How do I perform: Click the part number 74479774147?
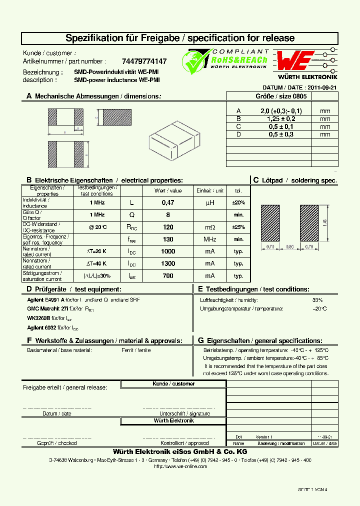(144, 61)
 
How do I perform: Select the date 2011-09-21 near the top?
(322, 87)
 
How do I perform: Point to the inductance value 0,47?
(168, 202)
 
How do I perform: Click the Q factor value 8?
(168, 214)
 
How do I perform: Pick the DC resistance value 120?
(168, 227)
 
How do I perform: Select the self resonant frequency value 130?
(168, 239)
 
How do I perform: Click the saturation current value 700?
(168, 275)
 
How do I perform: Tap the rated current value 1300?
(168, 263)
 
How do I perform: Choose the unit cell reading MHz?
(209, 239)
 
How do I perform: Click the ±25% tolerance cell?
(238, 227)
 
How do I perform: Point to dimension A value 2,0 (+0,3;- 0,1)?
(281, 110)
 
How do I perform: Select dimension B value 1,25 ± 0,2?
(281, 118)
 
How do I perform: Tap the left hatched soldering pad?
(270, 222)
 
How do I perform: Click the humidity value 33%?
(317, 300)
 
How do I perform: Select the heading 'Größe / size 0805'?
(282, 96)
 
